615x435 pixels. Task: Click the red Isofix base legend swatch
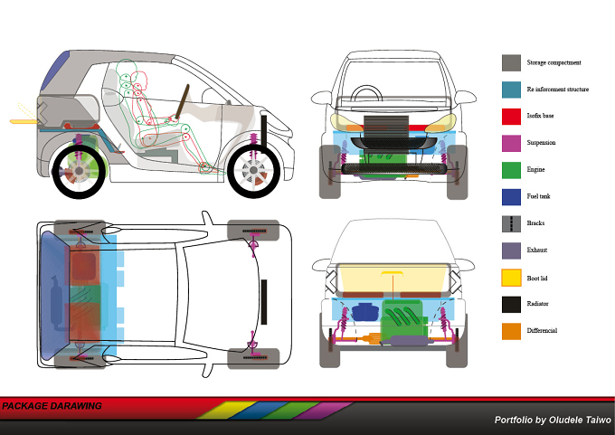pyautogui.click(x=511, y=117)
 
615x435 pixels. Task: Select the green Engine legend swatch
pyautogui.click(x=511, y=170)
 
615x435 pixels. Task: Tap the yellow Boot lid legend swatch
pyautogui.click(x=511, y=278)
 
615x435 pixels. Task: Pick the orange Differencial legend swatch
pyautogui.click(x=511, y=331)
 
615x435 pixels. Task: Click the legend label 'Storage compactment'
pyautogui.click(x=553, y=62)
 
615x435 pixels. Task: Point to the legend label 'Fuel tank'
pyautogui.click(x=538, y=196)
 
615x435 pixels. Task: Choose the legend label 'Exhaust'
pyautogui.click(x=537, y=250)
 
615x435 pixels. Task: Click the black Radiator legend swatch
pyautogui.click(x=511, y=305)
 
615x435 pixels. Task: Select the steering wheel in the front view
pyautogui.click(x=366, y=94)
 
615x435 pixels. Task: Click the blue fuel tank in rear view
pyautogui.click(x=365, y=312)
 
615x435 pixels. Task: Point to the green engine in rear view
pyautogui.click(x=403, y=317)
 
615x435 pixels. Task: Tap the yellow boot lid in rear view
pyautogui.click(x=393, y=278)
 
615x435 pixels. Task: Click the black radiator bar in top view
pyautogui.click(x=264, y=302)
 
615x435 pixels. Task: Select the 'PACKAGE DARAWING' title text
pyautogui.click(x=52, y=406)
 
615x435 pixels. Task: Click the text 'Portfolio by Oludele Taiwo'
pyautogui.click(x=553, y=421)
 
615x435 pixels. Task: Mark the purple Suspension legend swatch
pyautogui.click(x=511, y=143)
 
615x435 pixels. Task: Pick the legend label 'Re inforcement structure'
pyautogui.click(x=558, y=90)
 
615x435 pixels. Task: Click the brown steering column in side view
pyautogui.click(x=182, y=101)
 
